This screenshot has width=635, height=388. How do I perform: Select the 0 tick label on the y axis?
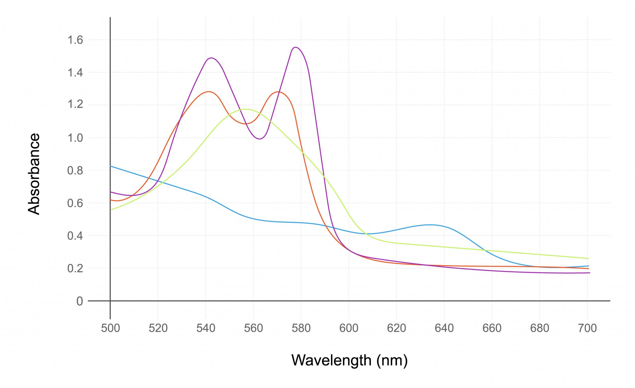pos(80,301)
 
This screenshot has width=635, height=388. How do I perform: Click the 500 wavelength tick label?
pos(110,328)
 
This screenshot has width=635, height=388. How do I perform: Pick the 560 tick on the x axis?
pos(253,328)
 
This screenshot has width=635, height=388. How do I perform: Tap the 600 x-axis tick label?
pos(349,328)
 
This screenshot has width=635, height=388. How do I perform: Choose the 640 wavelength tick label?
pos(444,328)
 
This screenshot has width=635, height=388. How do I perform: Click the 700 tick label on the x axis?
pos(587,328)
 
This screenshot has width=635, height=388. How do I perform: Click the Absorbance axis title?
pos(34,174)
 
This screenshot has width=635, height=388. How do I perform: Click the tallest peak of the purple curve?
pos(295,47)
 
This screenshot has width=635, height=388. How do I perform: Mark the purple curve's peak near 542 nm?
pos(211,58)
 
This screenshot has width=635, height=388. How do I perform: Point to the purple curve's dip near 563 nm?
pos(259,139)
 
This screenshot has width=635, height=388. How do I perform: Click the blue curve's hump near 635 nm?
pos(430,225)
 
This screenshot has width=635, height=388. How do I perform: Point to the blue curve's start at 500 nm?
pos(111,166)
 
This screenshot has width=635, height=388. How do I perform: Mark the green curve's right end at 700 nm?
pos(588,258)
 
